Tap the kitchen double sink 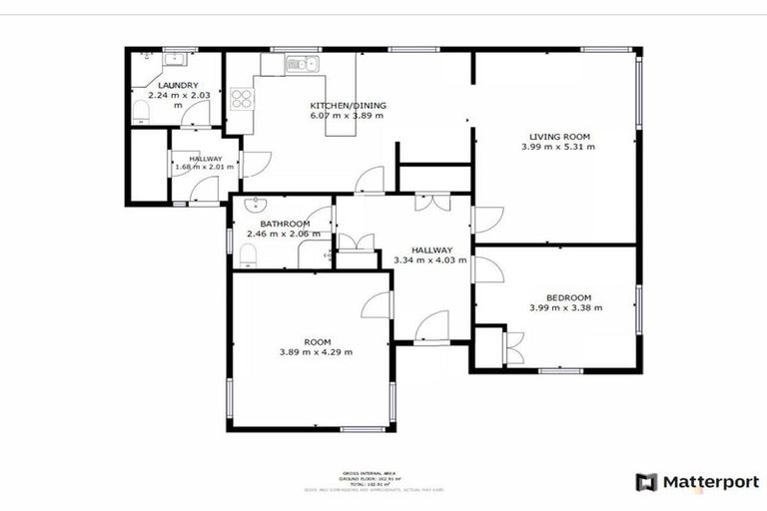click(x=300, y=65)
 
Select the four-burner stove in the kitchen click(x=241, y=99)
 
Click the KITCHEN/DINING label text click(x=348, y=106)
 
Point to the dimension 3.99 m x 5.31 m click(x=557, y=147)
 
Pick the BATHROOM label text click(x=285, y=224)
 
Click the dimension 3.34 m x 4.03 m click(x=430, y=260)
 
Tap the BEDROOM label click(x=568, y=297)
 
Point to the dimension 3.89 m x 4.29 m click(x=316, y=351)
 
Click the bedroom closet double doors click(x=513, y=349)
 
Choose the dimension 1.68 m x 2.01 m click(x=204, y=167)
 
